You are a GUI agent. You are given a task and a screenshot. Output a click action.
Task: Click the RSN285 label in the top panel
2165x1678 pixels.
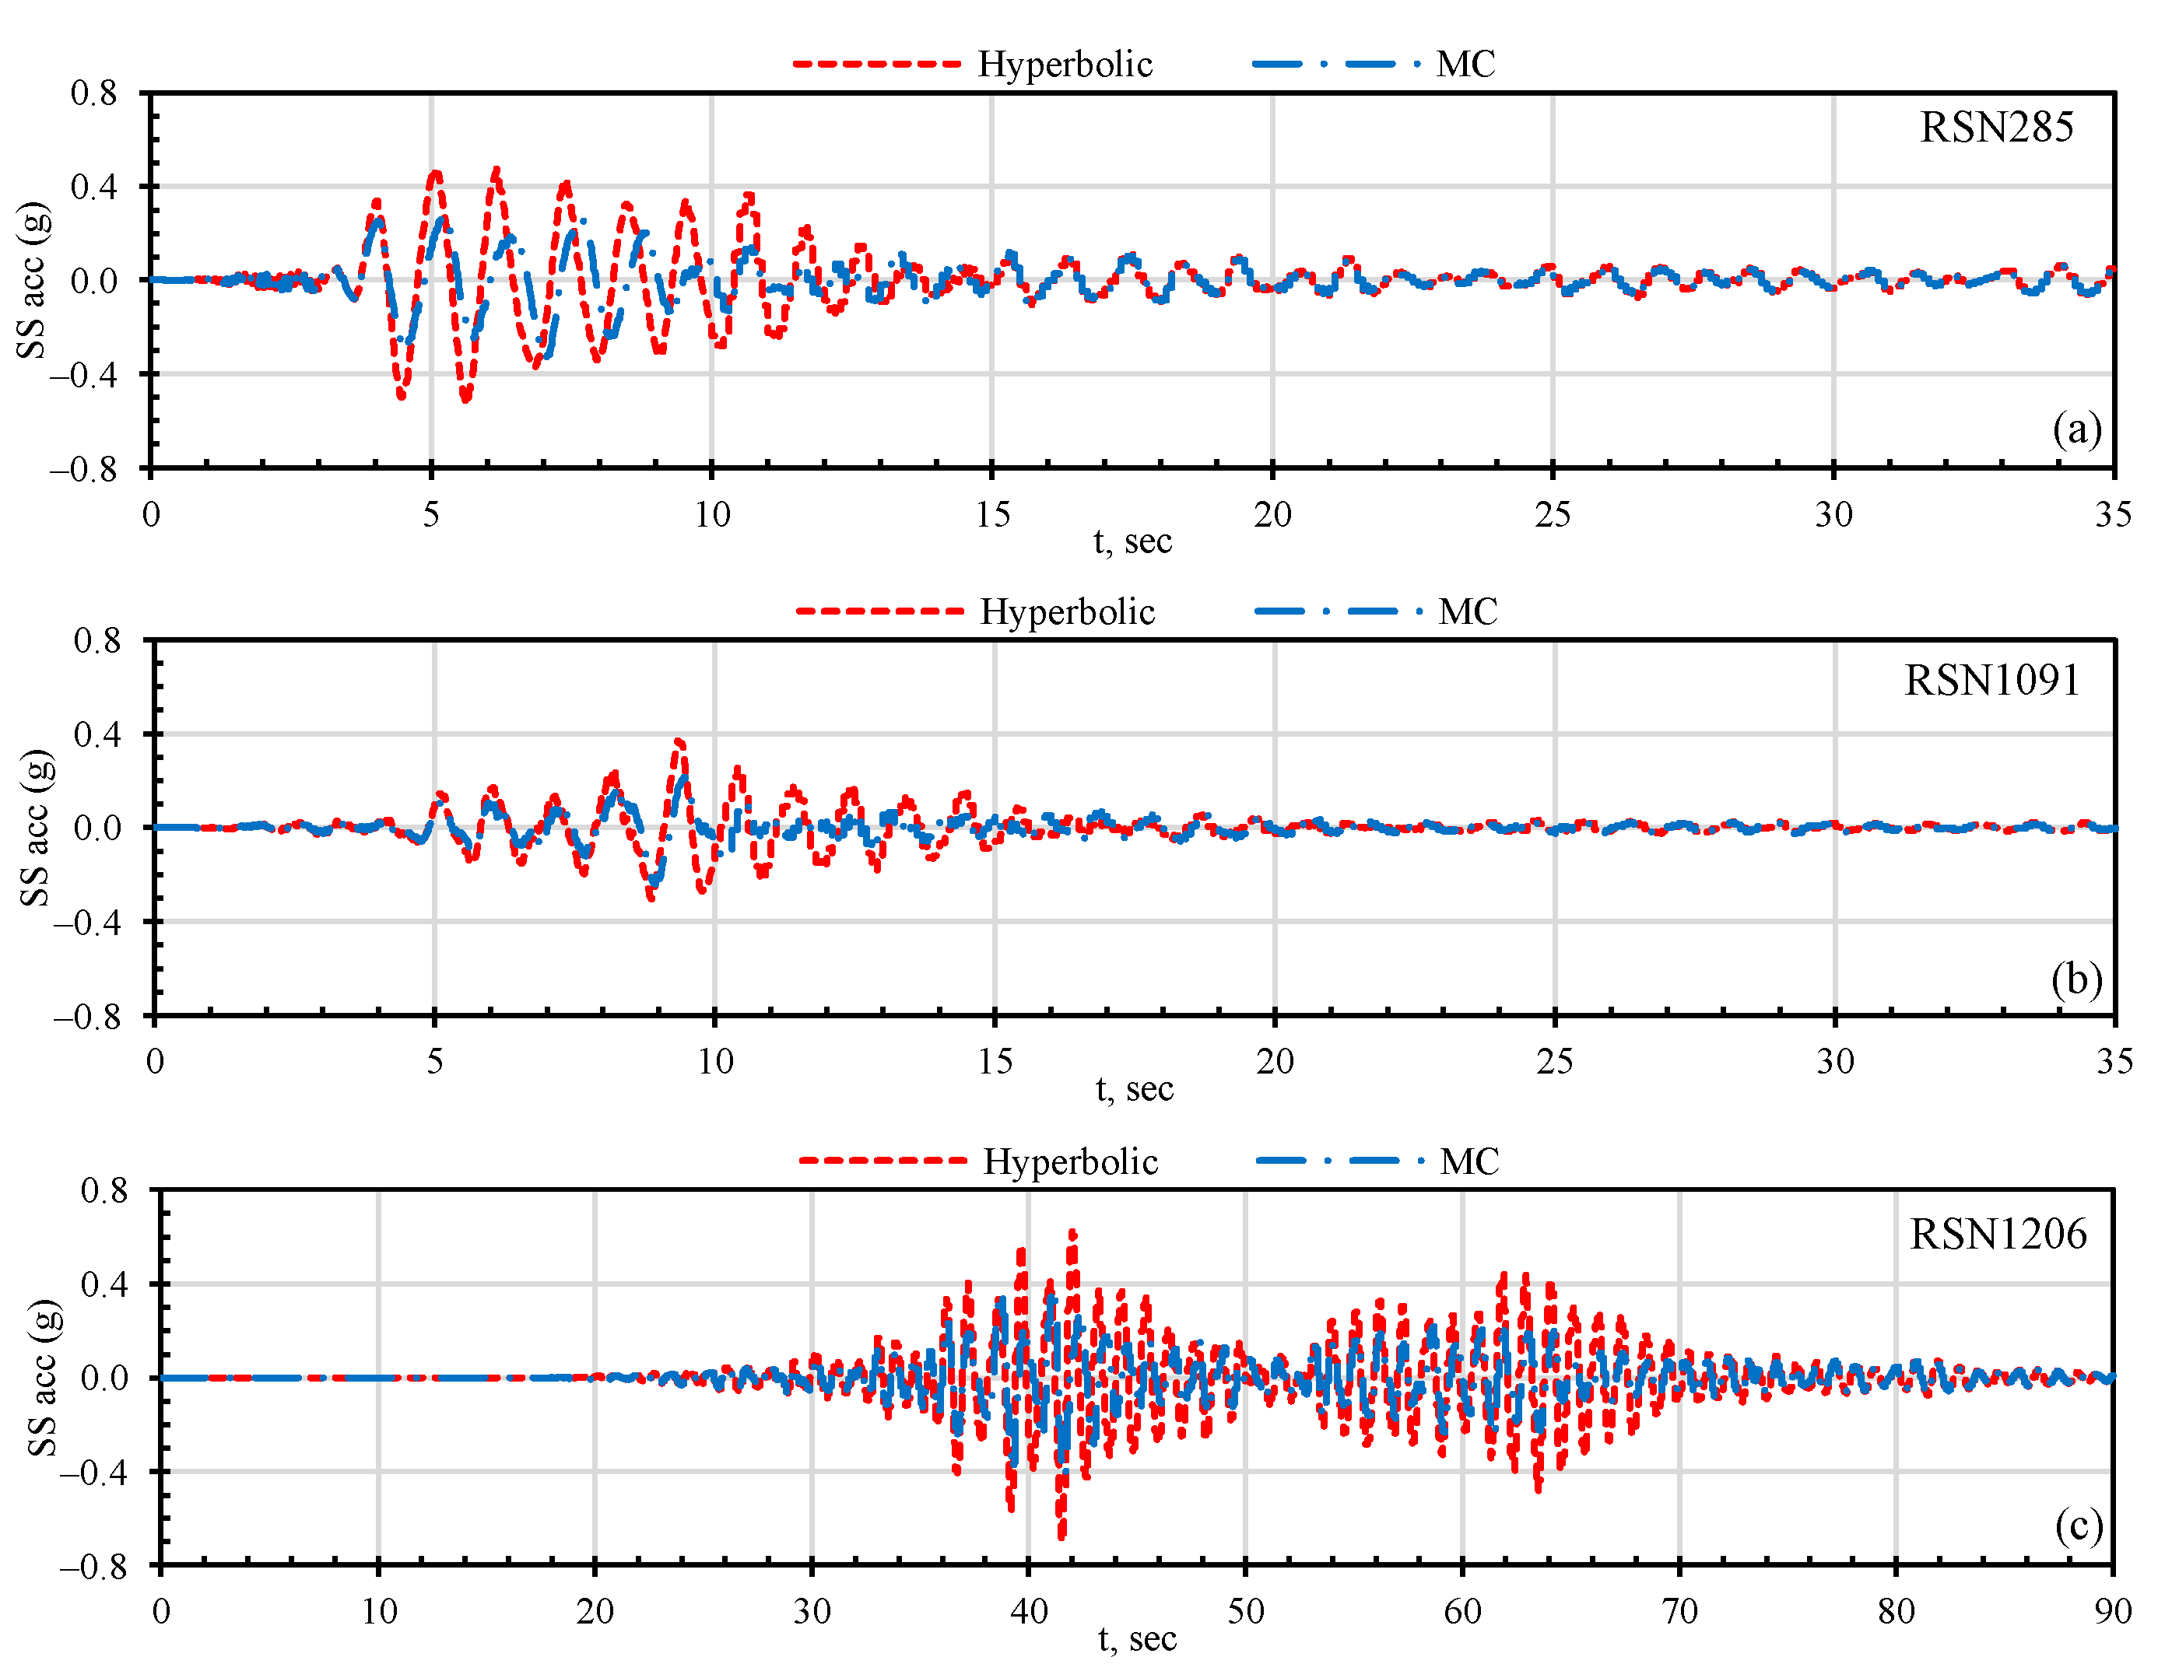1995,128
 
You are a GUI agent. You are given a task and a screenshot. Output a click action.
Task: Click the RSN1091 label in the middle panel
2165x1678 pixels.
1991,680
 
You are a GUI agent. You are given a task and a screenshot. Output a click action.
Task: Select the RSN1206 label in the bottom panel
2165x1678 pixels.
1998,1234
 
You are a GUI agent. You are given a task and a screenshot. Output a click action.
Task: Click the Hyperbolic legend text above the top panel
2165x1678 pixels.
1065,65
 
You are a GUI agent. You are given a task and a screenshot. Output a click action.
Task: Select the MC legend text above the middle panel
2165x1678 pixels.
1467,611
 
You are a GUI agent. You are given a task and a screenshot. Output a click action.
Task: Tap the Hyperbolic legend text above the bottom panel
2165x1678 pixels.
1069,1161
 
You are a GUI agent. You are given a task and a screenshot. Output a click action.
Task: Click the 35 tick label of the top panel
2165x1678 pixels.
2112,514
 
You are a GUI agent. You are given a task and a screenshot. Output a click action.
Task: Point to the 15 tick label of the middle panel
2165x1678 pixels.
995,1062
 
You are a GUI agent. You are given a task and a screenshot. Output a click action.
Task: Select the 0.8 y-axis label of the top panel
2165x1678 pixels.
94,93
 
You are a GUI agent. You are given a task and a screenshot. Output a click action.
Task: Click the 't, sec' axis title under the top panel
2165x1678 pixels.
1132,541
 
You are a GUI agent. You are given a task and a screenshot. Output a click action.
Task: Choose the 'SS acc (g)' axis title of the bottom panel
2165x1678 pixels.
43,1378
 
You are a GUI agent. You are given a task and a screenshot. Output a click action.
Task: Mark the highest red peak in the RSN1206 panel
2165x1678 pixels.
1072,1233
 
